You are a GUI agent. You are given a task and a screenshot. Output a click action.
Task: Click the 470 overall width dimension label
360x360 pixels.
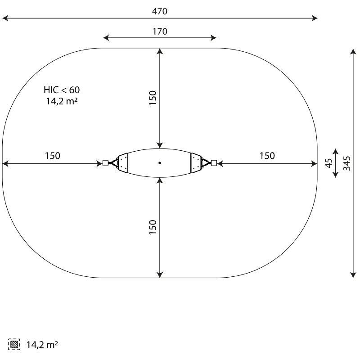coord(160,11)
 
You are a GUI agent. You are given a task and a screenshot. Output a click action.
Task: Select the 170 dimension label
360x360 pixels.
coord(160,31)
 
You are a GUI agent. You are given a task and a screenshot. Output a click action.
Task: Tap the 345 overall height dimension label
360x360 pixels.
coord(347,163)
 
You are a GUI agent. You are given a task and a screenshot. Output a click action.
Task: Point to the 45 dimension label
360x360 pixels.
coord(329,163)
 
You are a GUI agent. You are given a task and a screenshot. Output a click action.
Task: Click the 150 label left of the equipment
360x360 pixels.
coord(53,156)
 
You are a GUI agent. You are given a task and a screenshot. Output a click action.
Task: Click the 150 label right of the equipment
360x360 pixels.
coord(267,156)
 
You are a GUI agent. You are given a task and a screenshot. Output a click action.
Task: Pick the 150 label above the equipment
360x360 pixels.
coord(153,98)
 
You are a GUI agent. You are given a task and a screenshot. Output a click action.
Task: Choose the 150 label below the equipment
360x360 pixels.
coord(153,227)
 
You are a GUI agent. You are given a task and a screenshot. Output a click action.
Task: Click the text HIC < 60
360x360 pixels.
coord(62,90)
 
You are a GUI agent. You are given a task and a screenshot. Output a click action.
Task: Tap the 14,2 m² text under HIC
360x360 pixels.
coord(62,101)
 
